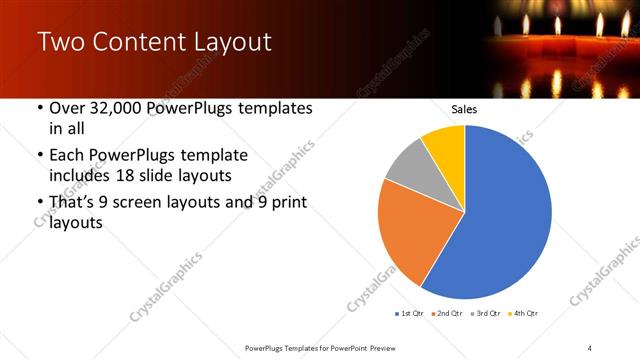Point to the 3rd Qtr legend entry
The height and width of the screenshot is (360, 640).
pos(484,314)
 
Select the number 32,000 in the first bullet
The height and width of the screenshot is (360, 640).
pos(113,108)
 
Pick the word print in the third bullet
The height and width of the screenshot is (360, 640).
pos(288,202)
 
